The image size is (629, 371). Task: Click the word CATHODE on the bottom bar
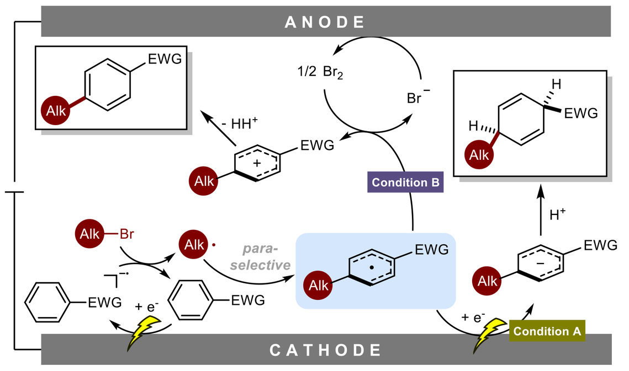pyautogui.click(x=326, y=350)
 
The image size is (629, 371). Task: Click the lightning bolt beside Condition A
pyautogui.click(x=490, y=337)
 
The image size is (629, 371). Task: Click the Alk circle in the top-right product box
pyautogui.click(x=479, y=155)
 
